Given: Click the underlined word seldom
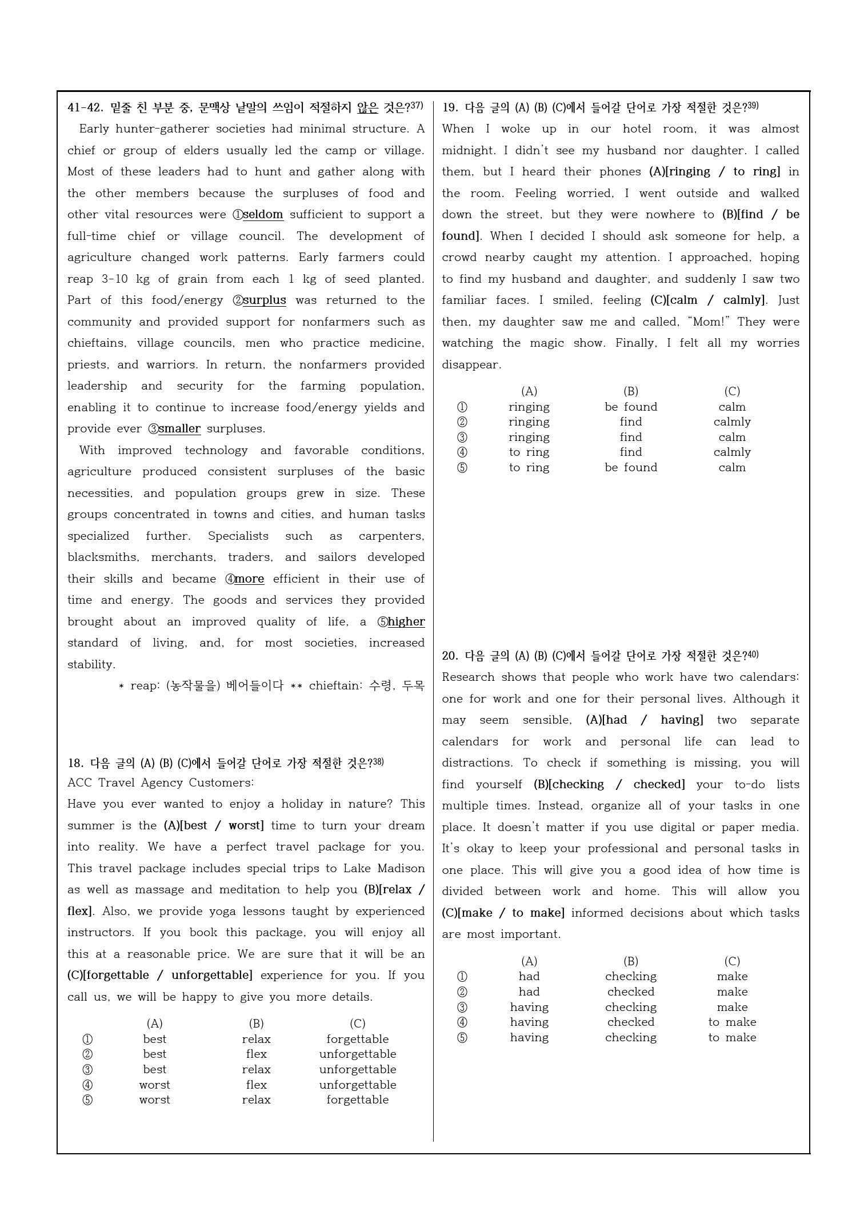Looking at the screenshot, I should [263, 215].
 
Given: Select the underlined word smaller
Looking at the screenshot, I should [179, 429].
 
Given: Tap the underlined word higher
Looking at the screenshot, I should [406, 622].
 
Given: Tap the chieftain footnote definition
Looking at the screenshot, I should [366, 686].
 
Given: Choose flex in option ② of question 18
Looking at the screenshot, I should [256, 1054].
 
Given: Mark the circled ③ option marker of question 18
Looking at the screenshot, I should [87, 1070].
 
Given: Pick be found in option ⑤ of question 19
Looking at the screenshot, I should [631, 468].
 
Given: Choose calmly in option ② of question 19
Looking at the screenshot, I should [732, 422].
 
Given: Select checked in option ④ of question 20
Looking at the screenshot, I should [631, 1022].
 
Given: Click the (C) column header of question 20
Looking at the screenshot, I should [732, 961].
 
